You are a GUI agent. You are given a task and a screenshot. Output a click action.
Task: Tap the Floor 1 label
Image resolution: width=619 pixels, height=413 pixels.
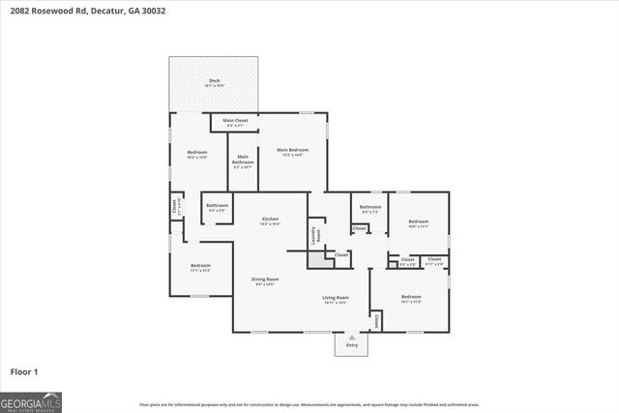(24, 370)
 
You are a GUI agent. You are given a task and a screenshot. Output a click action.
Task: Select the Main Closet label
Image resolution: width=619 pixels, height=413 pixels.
(236, 120)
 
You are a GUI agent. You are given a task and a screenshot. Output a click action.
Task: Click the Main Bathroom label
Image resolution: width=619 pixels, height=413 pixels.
(243, 160)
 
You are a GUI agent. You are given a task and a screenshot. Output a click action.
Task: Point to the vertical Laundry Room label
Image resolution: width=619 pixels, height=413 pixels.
(313, 235)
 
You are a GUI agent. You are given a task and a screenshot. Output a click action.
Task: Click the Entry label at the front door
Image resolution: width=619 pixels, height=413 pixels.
(351, 345)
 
